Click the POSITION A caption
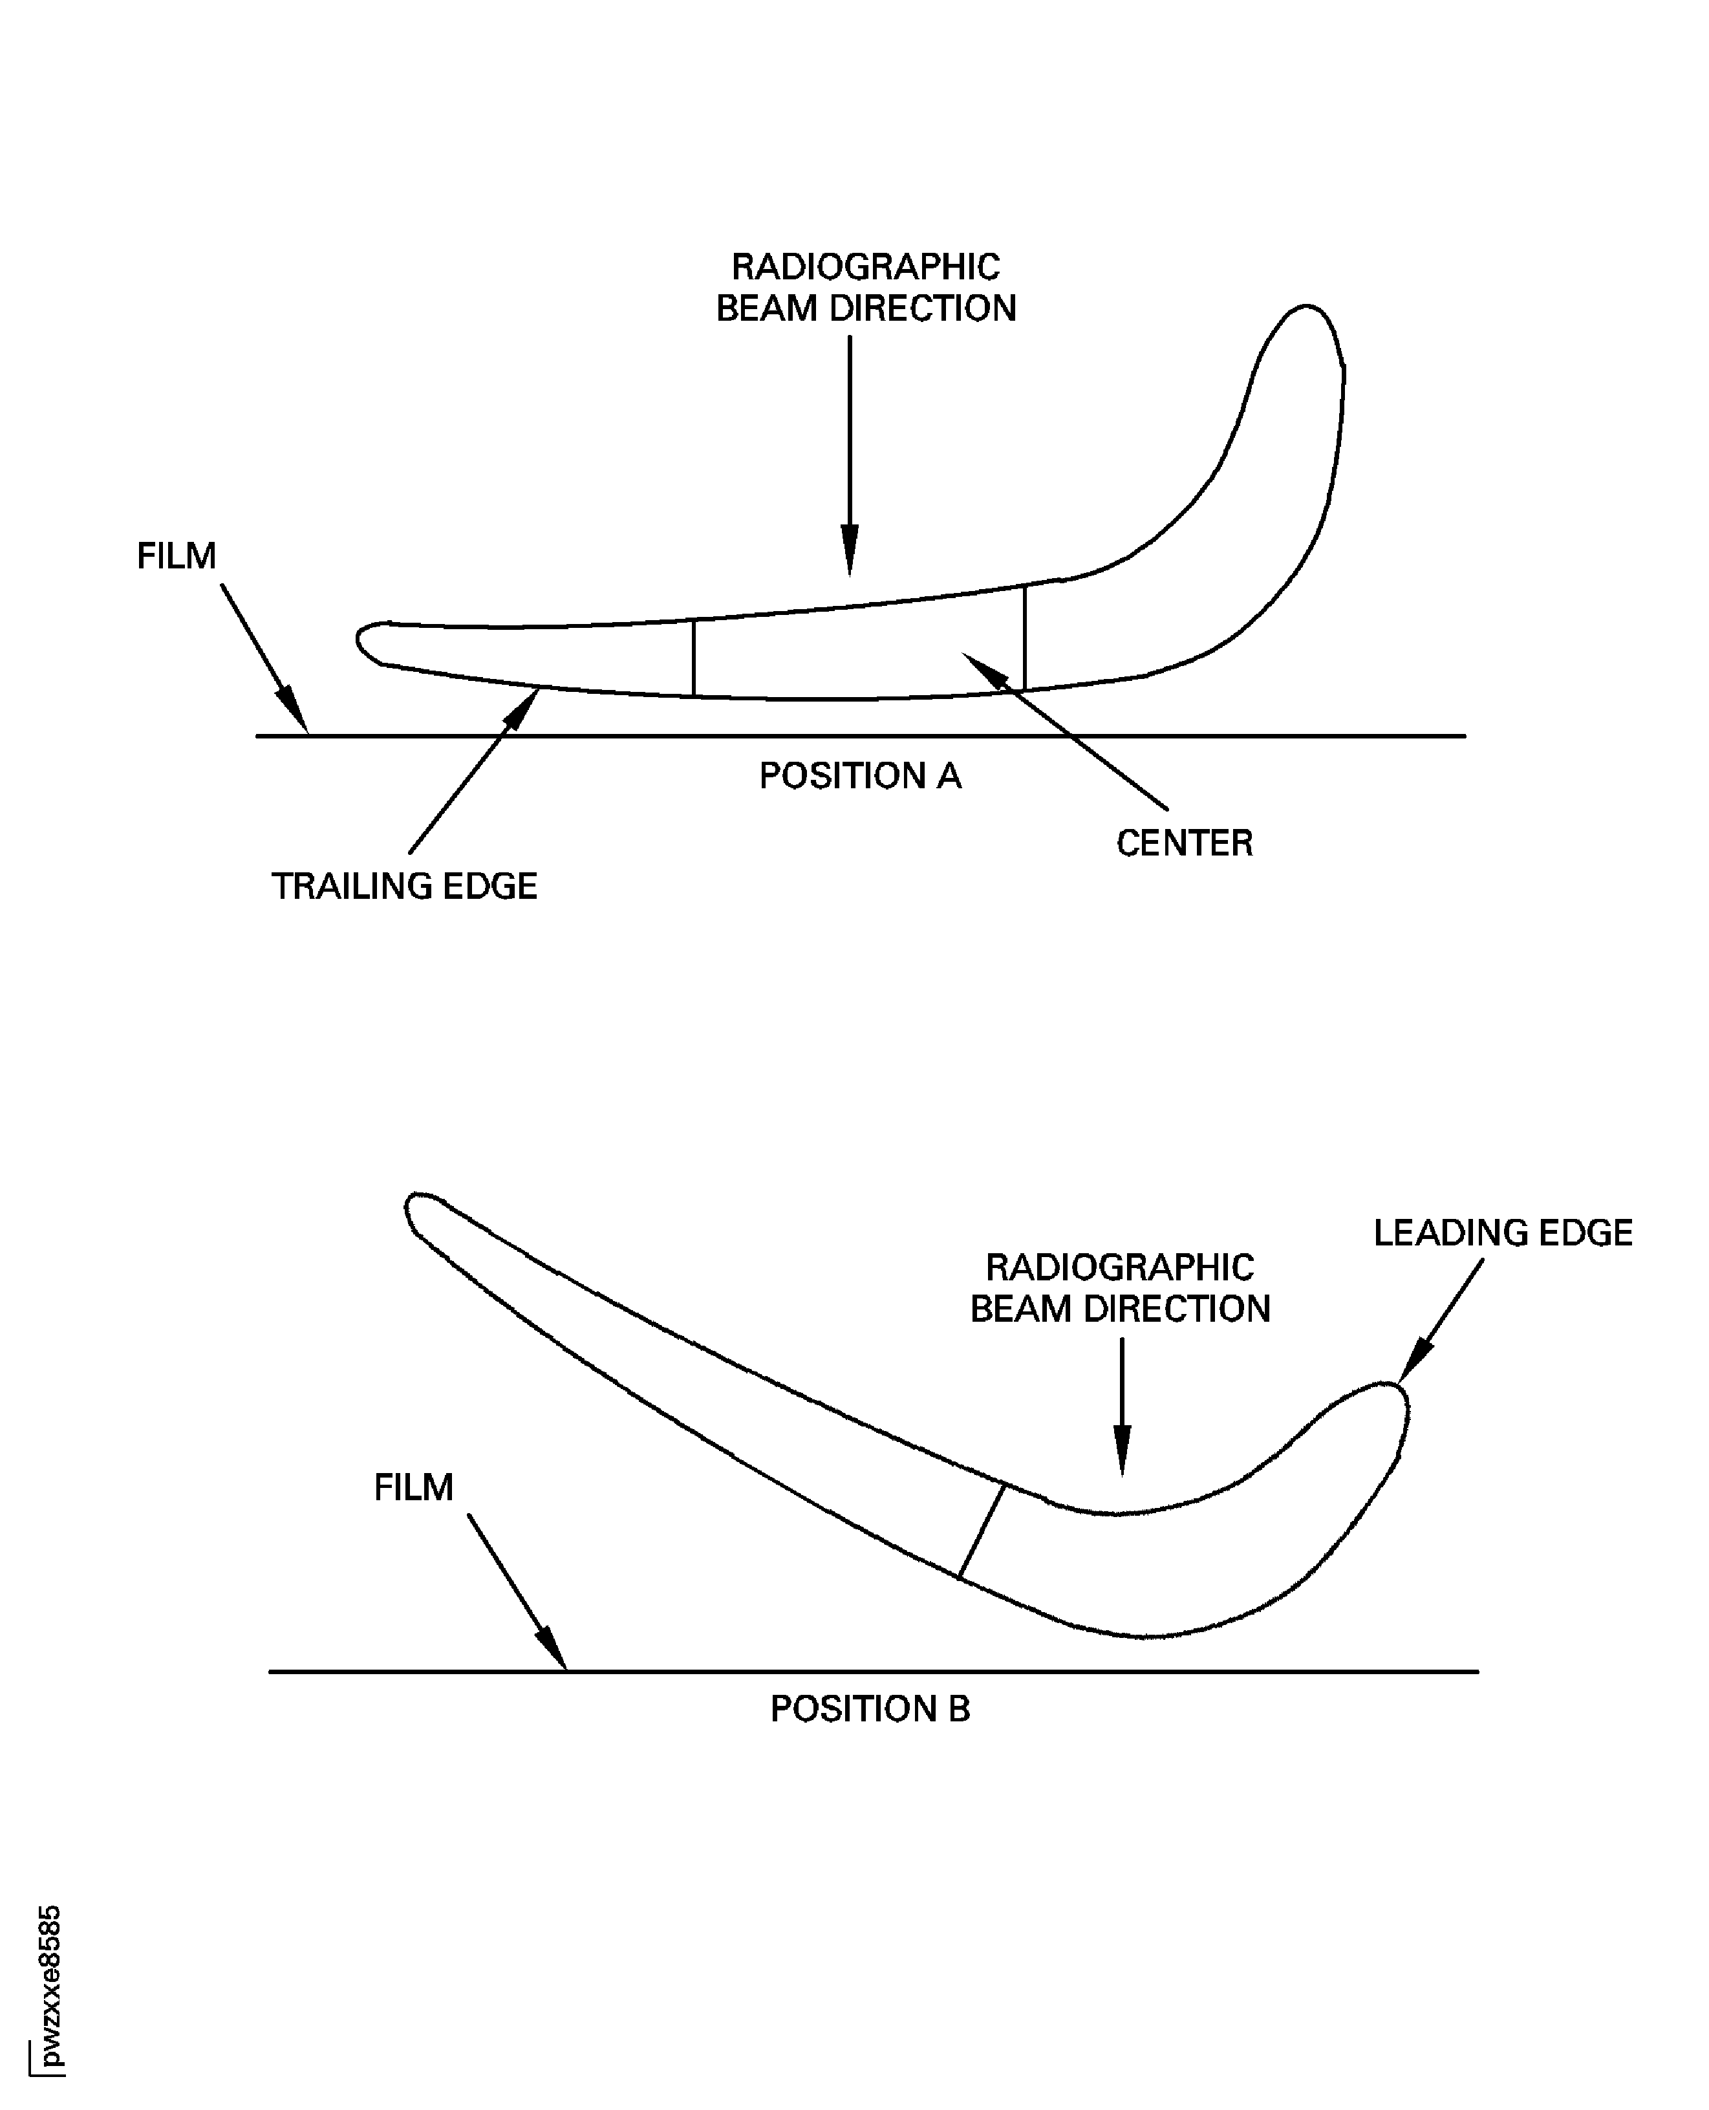coord(859,777)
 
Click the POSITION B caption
coord(869,1708)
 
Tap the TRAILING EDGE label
coord(405,886)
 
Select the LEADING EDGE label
coord(1502,1233)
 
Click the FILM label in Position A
coord(177,556)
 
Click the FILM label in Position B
coord(413,1487)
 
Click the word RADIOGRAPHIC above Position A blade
coord(865,267)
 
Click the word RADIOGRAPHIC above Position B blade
coord(1121,1267)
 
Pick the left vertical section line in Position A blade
coord(694,658)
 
